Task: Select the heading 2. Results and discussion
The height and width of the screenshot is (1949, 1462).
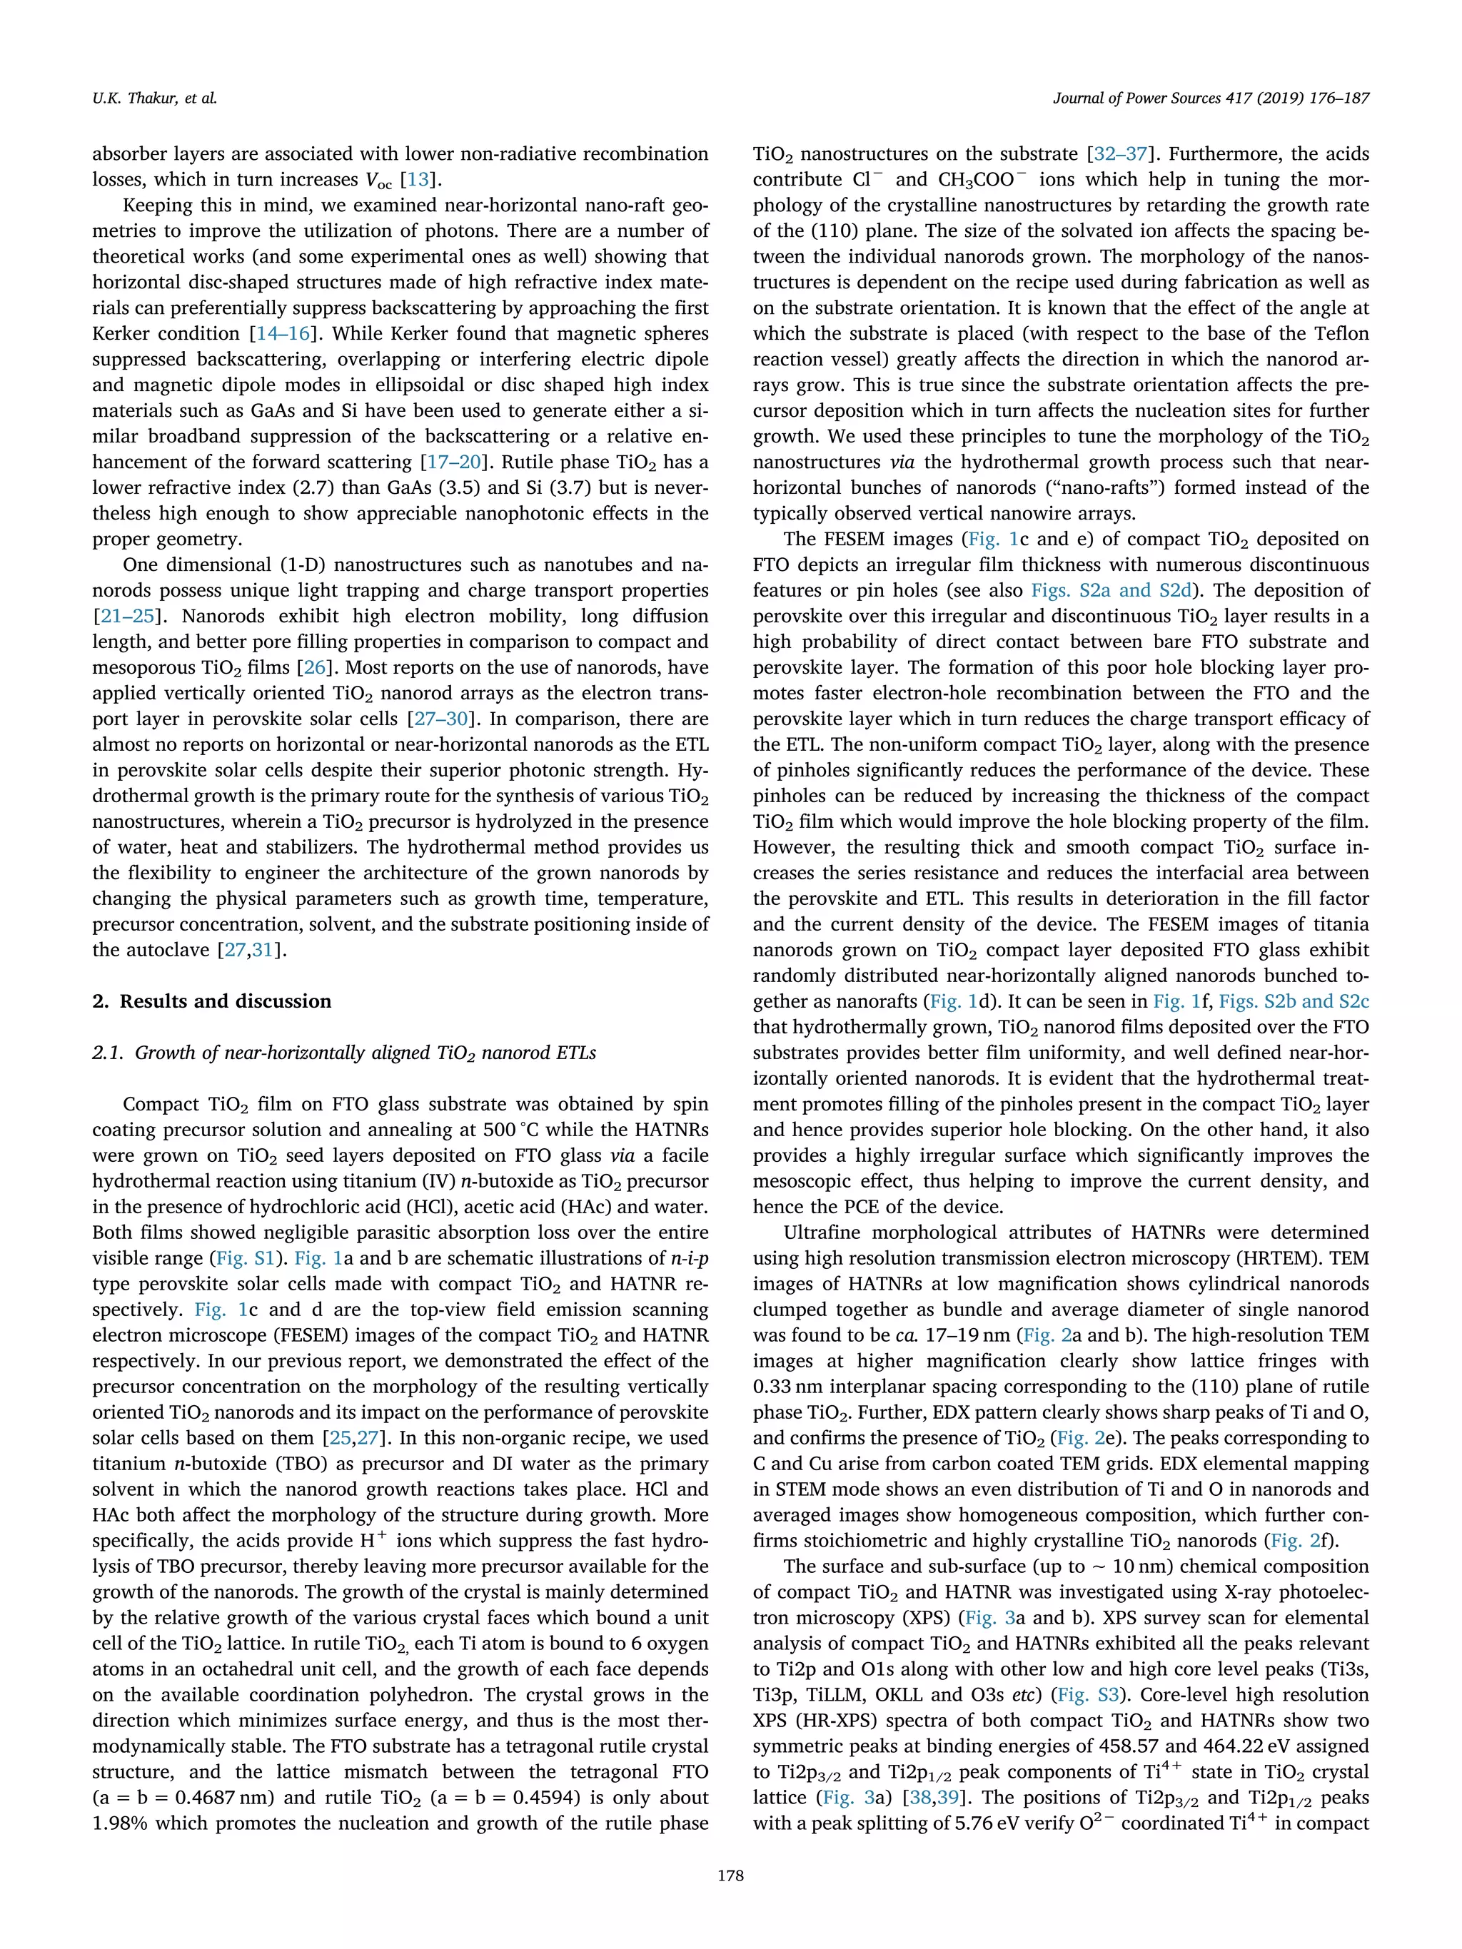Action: (211, 1001)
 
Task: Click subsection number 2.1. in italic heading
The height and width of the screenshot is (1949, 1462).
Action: (109, 1053)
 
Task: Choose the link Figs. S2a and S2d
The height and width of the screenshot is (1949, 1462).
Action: (1111, 590)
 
